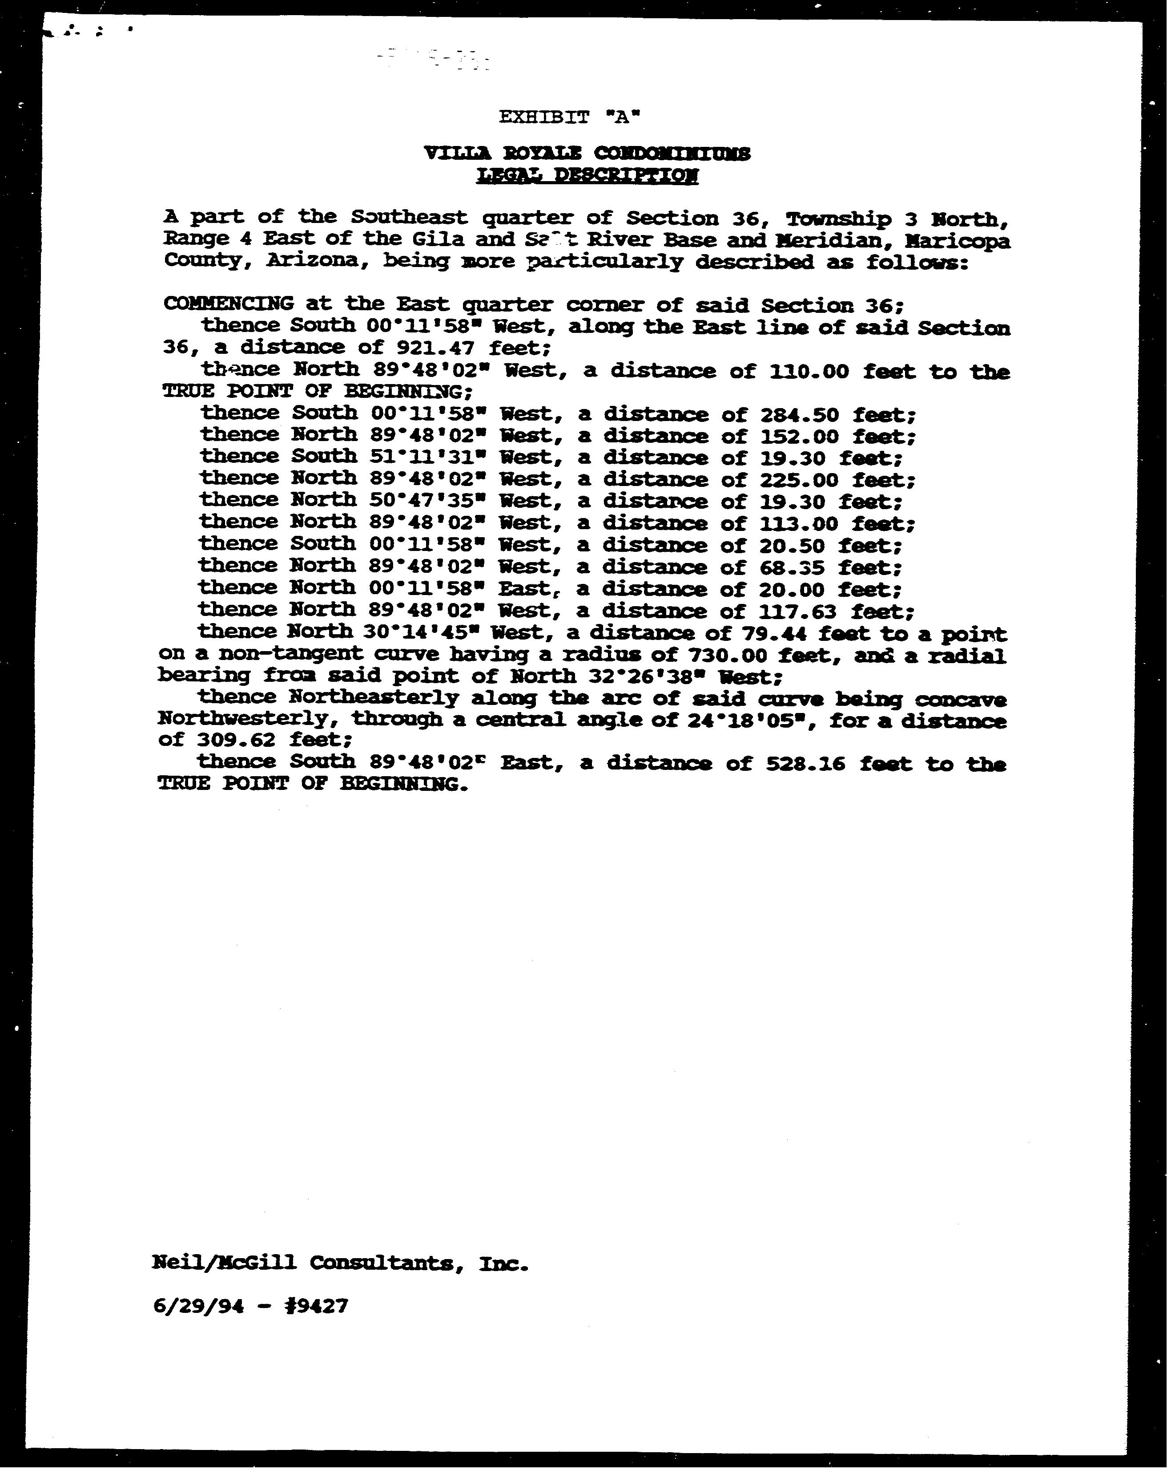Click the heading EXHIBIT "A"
point(570,117)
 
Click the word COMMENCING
point(228,304)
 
